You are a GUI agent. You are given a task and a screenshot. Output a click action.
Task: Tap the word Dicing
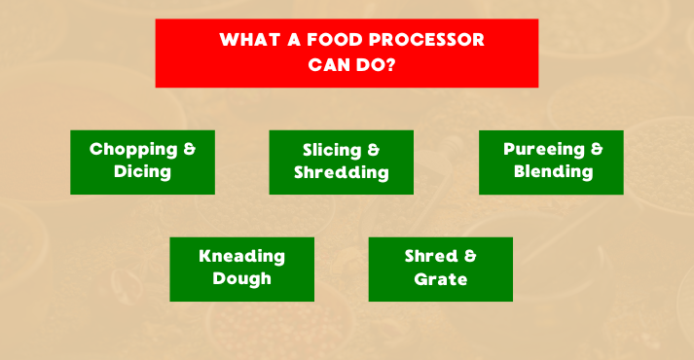coord(142,172)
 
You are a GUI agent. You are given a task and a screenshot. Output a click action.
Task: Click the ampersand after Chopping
coord(189,150)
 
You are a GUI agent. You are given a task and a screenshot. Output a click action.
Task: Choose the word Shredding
coord(342,173)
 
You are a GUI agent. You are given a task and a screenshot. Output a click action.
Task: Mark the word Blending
coord(552,172)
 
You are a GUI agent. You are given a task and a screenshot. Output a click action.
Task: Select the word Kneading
coord(241,257)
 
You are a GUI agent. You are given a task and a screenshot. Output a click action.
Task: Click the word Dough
coord(241,279)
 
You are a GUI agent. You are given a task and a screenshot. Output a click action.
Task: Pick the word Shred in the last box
coord(430,257)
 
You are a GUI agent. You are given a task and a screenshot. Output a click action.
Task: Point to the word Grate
coord(440,279)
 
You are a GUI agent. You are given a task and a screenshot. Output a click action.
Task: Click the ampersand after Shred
coord(470,257)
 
